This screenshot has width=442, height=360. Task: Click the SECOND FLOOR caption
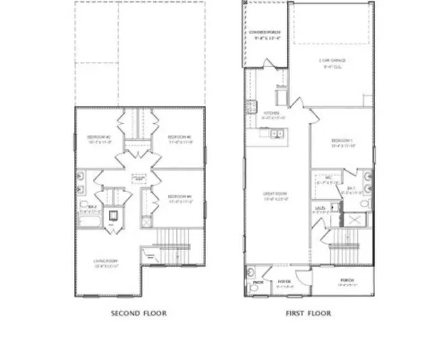[139, 314]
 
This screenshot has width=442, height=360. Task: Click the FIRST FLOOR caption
[308, 314]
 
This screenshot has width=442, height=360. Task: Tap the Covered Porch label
[265, 35]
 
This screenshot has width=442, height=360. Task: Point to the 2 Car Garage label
[331, 62]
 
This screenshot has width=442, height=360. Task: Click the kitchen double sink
[276, 133]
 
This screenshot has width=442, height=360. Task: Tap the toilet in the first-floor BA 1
[364, 203]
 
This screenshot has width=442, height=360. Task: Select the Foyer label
[285, 282]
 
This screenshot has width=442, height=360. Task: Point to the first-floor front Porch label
[347, 282]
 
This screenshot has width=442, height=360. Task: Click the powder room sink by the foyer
[250, 272]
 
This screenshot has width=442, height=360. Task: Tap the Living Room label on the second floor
[106, 262]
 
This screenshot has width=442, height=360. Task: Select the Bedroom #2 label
[99, 138]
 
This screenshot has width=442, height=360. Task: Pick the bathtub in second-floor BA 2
[88, 221]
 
